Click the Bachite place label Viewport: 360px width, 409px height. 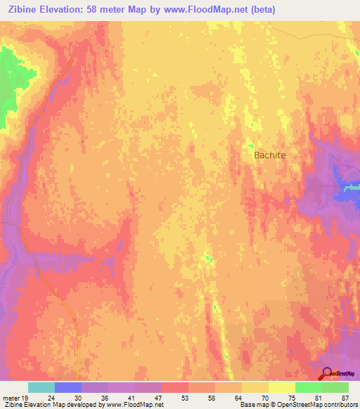point(269,155)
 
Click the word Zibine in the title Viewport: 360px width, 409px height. point(23,10)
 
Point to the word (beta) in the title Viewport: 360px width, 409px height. point(260,10)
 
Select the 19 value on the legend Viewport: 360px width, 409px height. point(25,397)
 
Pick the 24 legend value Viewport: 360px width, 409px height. point(51,397)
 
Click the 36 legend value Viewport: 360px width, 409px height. point(105,397)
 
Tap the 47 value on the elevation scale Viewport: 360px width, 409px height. point(158,397)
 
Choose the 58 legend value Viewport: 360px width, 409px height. point(212,397)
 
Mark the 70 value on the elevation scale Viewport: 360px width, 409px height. point(265,397)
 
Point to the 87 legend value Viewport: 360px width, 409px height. point(344,397)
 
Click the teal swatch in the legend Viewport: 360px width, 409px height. point(41,387)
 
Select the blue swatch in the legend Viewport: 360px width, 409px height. point(68,387)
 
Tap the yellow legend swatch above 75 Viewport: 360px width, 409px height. point(282,387)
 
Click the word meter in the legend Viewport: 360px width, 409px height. point(11,397)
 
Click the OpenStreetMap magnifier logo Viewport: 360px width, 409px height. point(327,374)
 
